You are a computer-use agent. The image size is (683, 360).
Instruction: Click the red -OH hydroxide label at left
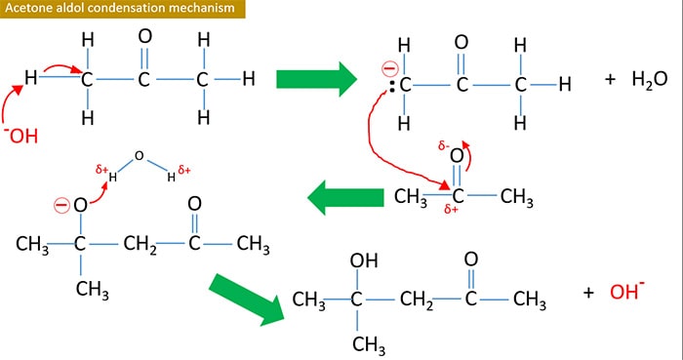pos(23,134)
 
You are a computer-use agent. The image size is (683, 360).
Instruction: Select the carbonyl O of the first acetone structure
pos(144,36)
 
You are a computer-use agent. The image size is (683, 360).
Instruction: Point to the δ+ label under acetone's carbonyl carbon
pos(450,209)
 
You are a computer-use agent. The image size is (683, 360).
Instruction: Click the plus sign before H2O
pos(611,79)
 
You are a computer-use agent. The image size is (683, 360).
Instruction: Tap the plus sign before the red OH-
pos(588,292)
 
